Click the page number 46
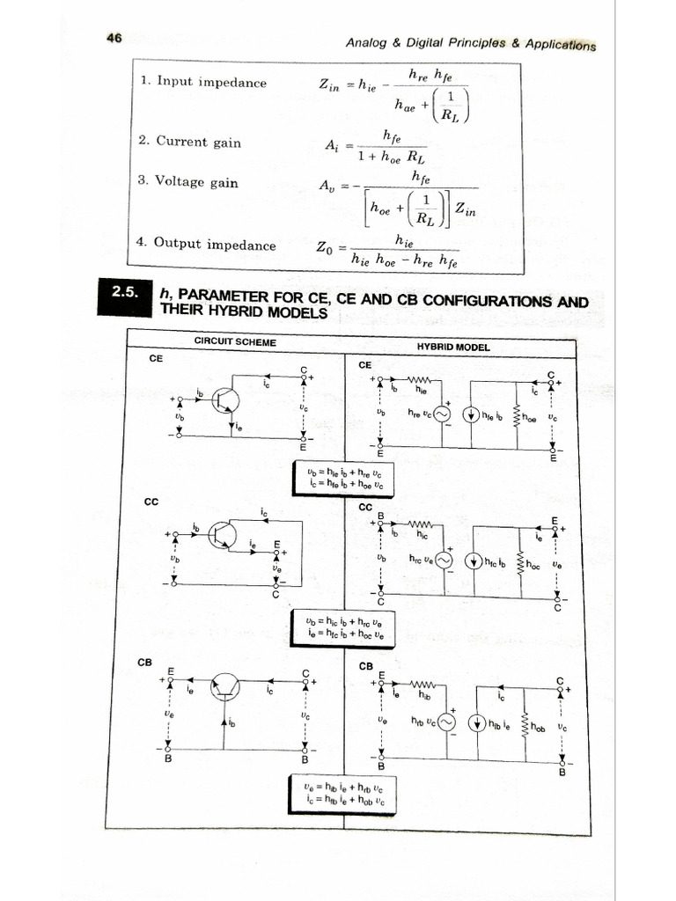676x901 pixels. pos(114,37)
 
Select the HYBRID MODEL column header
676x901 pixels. pos(453,347)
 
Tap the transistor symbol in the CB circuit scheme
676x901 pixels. pos(224,688)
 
